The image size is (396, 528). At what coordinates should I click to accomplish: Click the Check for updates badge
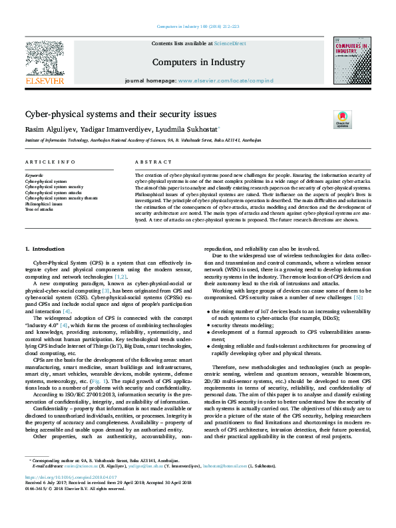click(x=342, y=120)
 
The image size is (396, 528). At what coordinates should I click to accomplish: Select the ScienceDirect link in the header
click(x=230, y=43)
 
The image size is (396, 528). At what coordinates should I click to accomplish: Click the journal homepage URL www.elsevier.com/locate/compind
click(x=226, y=80)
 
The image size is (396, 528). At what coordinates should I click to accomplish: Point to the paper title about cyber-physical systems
click(x=118, y=114)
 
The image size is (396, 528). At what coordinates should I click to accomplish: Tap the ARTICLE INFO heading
click(x=50, y=162)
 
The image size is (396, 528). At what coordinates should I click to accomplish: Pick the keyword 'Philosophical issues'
click(x=43, y=203)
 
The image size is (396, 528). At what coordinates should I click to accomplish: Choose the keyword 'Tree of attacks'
click(x=39, y=209)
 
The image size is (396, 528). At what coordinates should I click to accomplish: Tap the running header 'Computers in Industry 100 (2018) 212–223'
click(x=198, y=8)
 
